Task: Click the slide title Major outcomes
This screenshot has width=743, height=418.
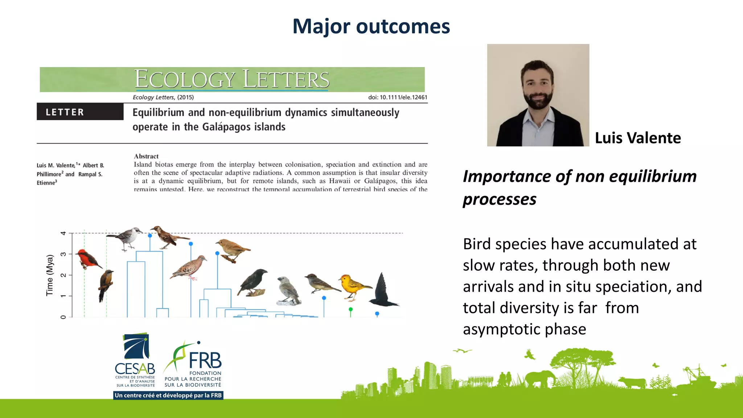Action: [x=371, y=26]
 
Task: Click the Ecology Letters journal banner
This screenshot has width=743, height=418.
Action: [x=232, y=79]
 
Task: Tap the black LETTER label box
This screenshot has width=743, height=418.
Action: [x=80, y=112]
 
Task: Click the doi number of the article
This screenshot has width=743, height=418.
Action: [x=398, y=97]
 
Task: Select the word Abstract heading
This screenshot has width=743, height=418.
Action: [x=146, y=156]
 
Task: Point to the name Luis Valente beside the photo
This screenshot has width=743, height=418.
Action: [x=638, y=138]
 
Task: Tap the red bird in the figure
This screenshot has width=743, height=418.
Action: [x=87, y=258]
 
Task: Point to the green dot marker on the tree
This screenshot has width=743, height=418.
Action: [x=350, y=310]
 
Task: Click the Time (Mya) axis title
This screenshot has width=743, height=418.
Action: [x=50, y=275]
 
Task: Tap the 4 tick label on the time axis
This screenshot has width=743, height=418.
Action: [x=63, y=233]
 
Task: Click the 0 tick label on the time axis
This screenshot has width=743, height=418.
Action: [x=63, y=317]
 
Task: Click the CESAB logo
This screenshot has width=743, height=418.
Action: [x=135, y=359]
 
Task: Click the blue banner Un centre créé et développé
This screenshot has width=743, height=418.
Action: [x=168, y=395]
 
